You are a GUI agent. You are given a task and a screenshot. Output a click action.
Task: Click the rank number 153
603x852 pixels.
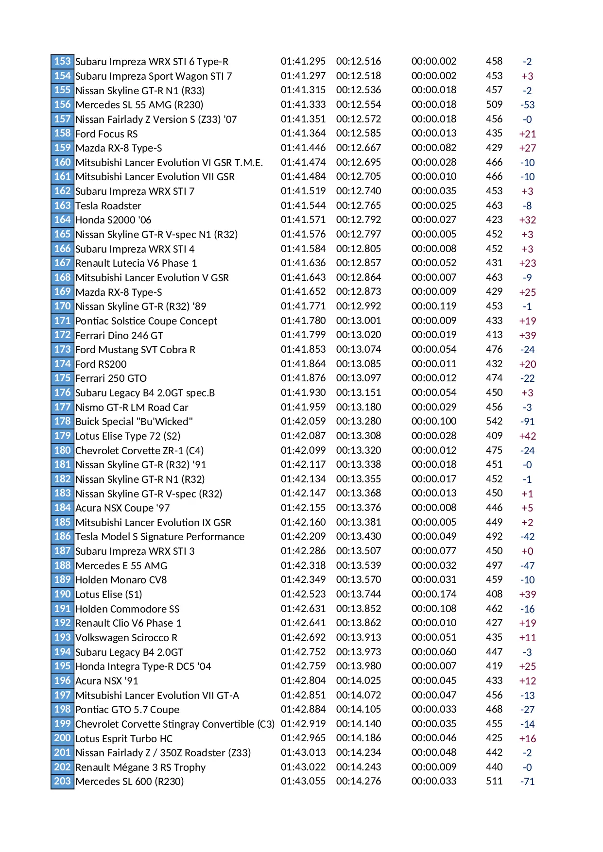coord(62,61)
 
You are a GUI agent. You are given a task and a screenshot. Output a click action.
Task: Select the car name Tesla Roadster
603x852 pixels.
coord(108,205)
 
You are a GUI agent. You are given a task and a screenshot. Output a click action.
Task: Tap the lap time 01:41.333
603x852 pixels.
coord(303,104)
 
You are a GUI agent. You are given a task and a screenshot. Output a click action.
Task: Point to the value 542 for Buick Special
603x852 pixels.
coord(494,421)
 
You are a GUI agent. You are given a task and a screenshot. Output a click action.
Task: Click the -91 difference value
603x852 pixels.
coord(527,422)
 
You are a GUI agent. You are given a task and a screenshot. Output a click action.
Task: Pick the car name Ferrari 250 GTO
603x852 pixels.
coord(111,378)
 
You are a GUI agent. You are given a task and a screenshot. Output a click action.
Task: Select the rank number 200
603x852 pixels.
coord(62,738)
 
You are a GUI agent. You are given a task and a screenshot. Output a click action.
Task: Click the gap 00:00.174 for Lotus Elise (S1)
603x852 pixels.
coord(433,594)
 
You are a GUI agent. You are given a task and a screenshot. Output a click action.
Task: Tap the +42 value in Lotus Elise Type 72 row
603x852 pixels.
coord(527,436)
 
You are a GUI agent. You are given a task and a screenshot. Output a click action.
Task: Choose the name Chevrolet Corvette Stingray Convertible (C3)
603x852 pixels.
coord(175,724)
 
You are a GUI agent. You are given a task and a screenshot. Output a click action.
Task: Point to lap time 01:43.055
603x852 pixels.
coord(303,781)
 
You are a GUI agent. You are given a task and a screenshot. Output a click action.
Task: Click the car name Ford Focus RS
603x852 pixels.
coord(106,134)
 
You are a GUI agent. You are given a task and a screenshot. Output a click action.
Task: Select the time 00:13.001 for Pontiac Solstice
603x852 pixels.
coord(358,321)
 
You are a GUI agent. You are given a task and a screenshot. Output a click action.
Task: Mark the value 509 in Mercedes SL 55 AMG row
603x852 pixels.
coord(494,104)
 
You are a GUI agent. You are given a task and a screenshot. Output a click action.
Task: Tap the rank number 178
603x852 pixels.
coord(62,421)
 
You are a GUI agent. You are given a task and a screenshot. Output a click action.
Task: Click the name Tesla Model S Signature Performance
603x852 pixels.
coord(160,537)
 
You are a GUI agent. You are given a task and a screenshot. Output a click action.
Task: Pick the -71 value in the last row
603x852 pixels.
coord(527,782)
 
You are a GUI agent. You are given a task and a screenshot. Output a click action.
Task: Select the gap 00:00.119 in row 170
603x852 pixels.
coord(433,306)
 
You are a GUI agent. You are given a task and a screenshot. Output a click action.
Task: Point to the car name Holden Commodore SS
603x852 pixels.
coord(127,609)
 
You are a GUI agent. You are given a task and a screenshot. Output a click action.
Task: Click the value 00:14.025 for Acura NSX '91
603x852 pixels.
coord(358,681)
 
